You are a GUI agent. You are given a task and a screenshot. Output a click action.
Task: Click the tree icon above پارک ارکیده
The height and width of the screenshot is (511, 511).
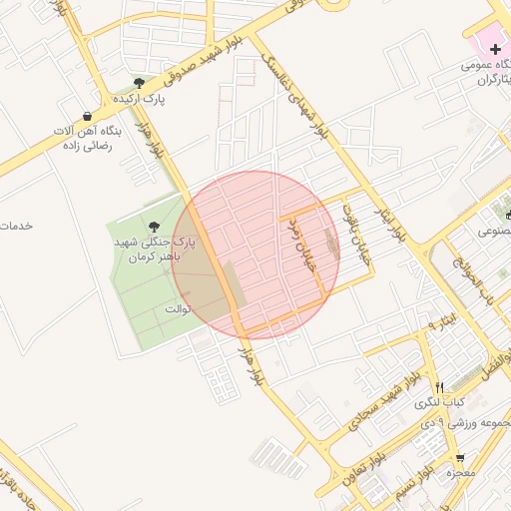tap(139, 84)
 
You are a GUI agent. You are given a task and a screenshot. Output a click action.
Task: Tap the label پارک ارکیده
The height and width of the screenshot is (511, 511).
tap(139, 100)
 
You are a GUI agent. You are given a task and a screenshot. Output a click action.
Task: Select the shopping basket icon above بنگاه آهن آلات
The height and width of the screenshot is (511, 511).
tap(89, 116)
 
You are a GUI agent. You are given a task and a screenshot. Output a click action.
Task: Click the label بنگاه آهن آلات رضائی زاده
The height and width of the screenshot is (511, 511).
tap(89, 139)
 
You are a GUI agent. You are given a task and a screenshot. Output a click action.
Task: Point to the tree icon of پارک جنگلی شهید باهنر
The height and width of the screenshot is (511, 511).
tap(153, 229)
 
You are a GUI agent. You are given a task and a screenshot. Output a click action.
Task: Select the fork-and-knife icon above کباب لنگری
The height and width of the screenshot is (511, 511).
tap(439, 386)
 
